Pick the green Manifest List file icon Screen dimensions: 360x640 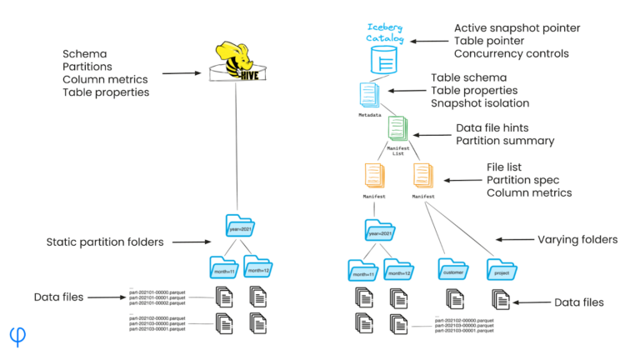point(397,128)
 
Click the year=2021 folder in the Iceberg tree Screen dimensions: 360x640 point(378,232)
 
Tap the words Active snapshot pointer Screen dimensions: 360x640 point(517,28)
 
